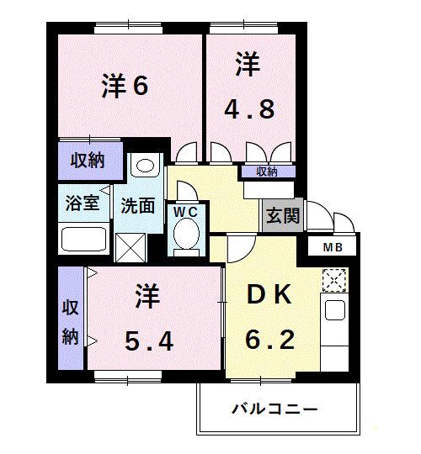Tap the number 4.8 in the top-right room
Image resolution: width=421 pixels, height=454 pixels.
[248, 109]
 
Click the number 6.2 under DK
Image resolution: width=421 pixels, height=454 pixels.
[269, 340]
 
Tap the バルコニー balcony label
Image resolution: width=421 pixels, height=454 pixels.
[275, 409]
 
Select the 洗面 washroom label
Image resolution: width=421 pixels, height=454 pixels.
[138, 204]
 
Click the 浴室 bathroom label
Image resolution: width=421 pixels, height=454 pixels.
[83, 202]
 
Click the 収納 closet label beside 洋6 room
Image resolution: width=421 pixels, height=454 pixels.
[87, 159]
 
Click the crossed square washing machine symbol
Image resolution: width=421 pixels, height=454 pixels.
[130, 247]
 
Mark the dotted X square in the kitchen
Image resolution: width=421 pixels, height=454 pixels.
[333, 279]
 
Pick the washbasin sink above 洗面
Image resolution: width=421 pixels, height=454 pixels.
[146, 166]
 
